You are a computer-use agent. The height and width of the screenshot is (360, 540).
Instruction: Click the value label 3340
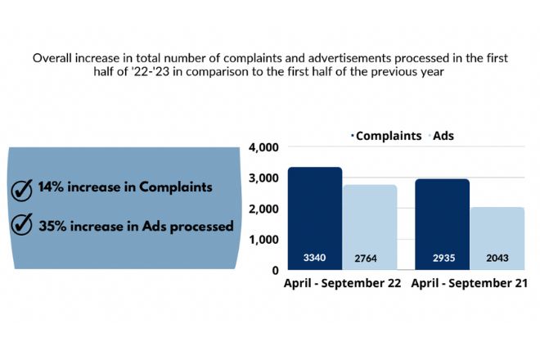tap(314, 258)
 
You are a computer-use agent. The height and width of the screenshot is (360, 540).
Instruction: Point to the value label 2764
tap(370, 258)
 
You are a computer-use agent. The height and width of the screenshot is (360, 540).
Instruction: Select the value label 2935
tap(442, 258)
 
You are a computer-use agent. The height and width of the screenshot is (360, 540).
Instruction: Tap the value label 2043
tap(497, 258)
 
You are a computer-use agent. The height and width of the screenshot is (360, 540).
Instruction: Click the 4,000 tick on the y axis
tap(263, 147)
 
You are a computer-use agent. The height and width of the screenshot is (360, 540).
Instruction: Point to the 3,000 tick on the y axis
tap(263, 178)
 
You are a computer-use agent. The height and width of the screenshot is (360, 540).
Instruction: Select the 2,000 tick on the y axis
tap(263, 209)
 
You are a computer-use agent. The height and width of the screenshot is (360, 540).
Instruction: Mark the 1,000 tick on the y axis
tap(263, 239)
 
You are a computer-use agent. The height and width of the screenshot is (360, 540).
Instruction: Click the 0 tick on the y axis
tap(275, 269)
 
